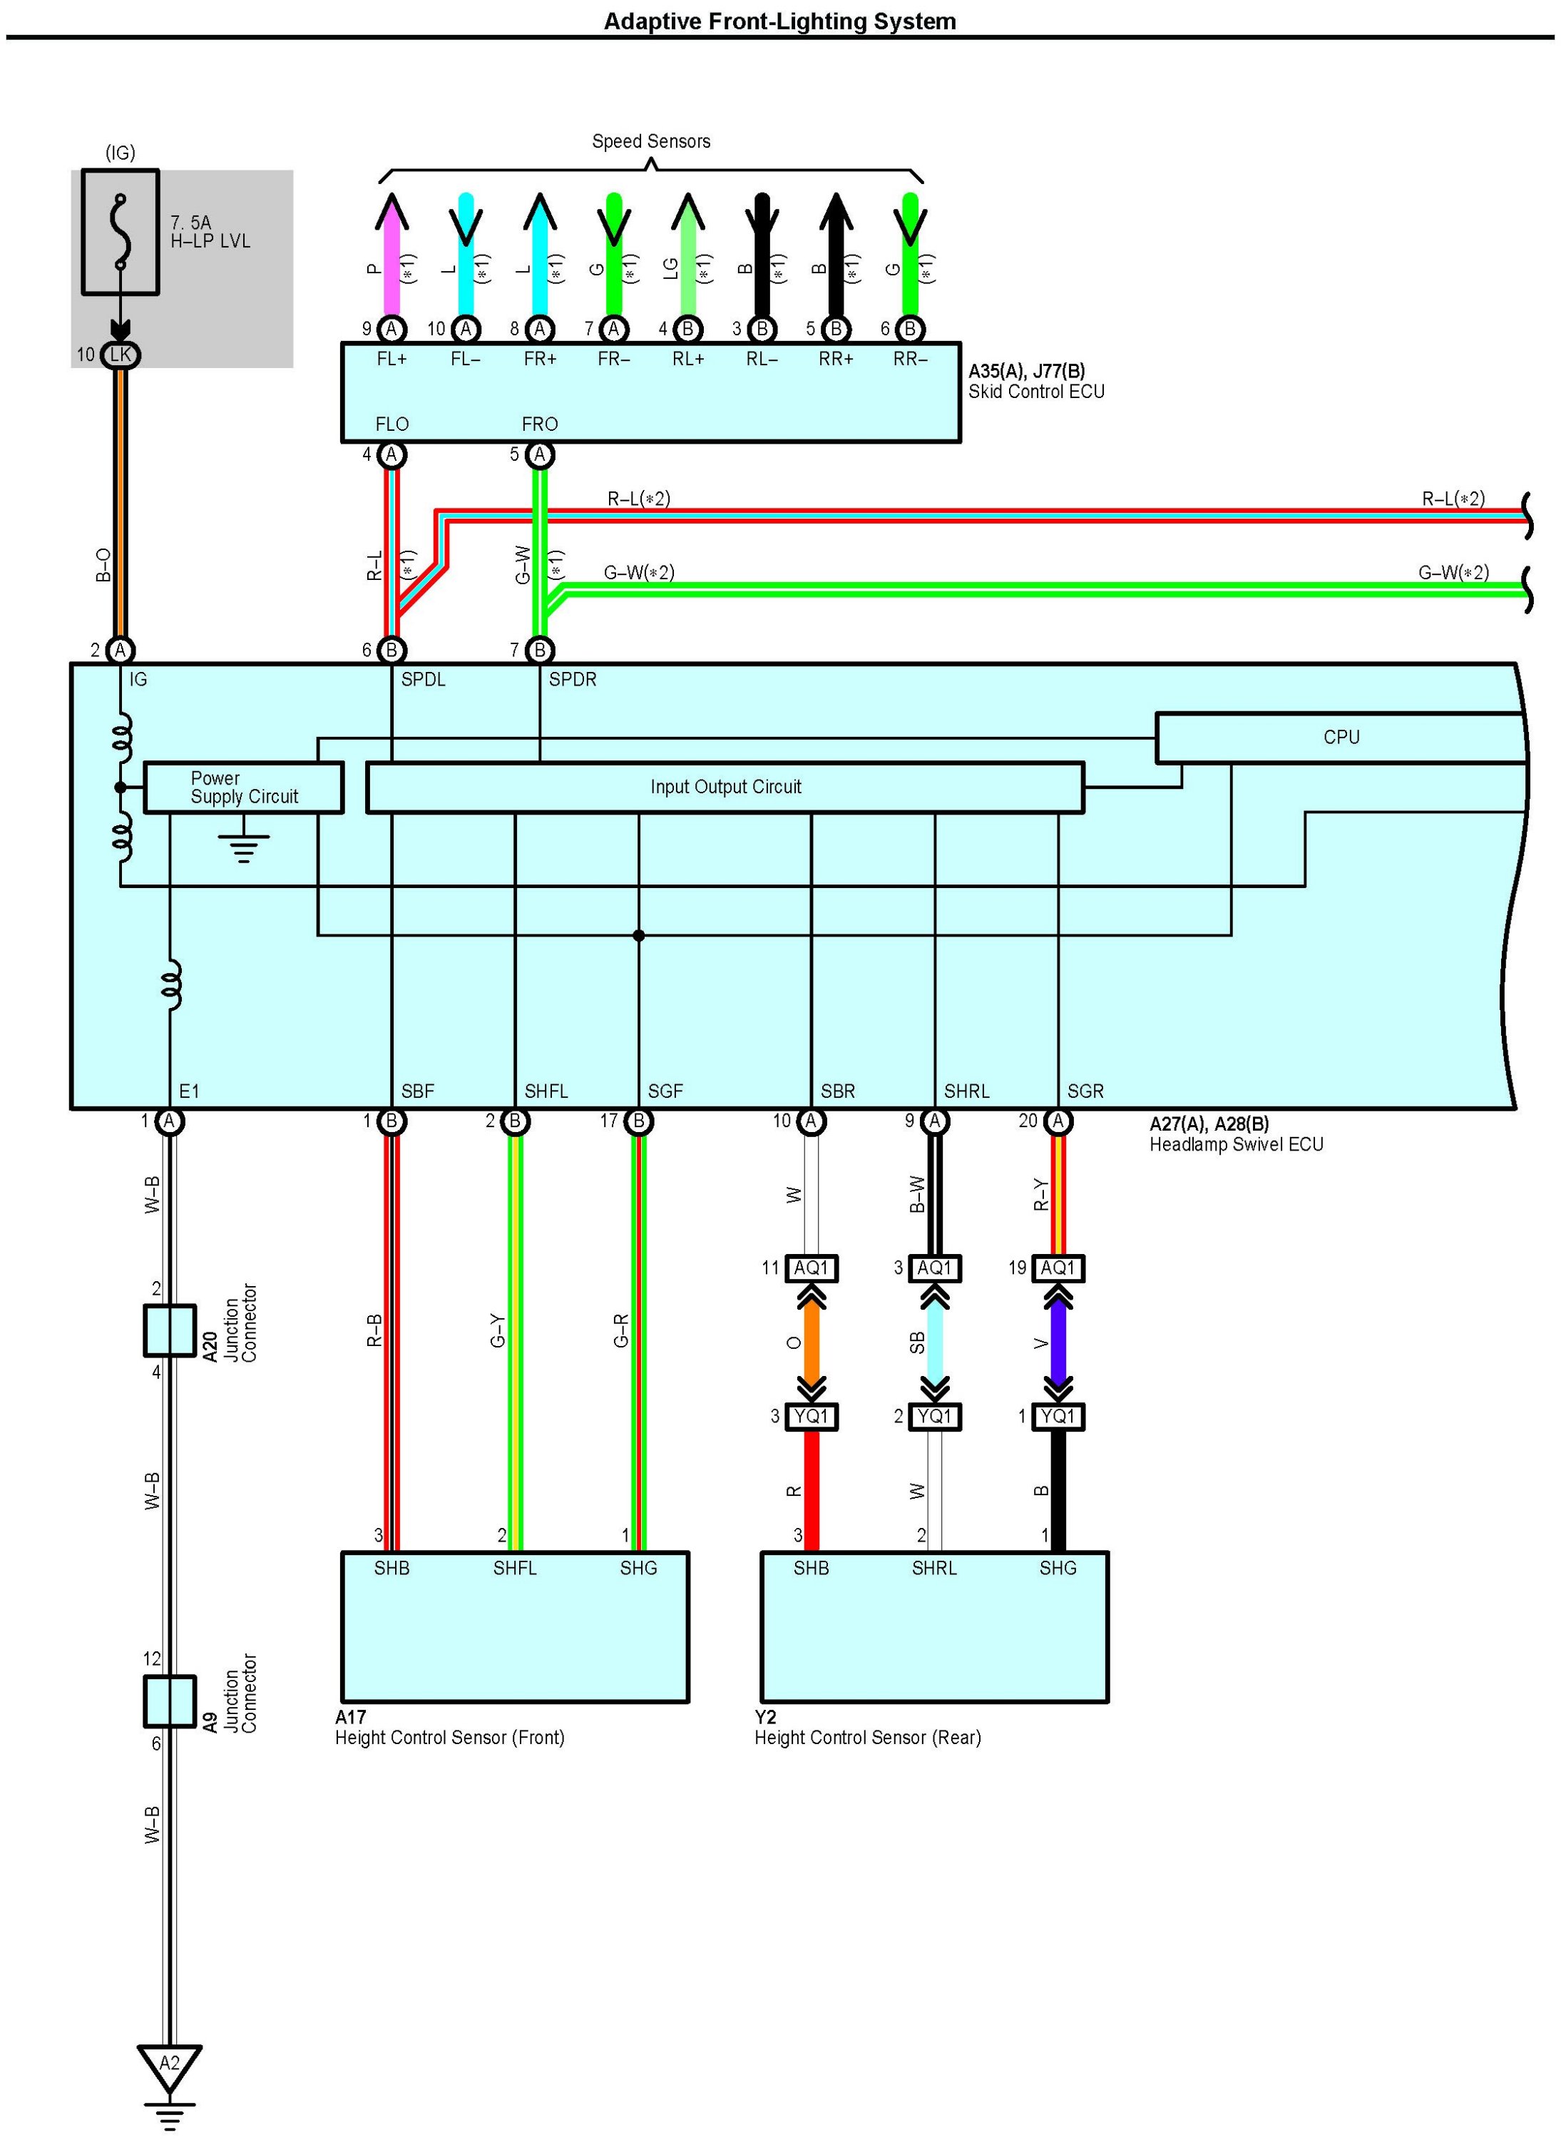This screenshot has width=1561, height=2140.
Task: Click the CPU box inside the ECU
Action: pyautogui.click(x=1340, y=738)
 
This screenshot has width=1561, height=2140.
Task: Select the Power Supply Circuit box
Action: pyautogui.click(x=243, y=788)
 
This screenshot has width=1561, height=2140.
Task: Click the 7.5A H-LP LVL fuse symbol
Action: pyautogui.click(x=120, y=233)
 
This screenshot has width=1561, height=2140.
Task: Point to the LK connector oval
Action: pyautogui.click(x=120, y=355)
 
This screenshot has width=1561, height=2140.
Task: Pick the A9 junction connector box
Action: pyautogui.click(x=169, y=1701)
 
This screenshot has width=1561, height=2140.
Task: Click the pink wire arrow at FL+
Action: pyautogui.click(x=391, y=255)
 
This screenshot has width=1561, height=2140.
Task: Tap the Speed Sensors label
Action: pyautogui.click(x=651, y=142)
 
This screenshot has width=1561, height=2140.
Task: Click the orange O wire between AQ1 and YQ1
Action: pyautogui.click(x=812, y=1342)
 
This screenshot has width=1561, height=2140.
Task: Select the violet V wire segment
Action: pyautogui.click(x=1058, y=1342)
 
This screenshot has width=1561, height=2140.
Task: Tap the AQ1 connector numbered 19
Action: pyautogui.click(x=1058, y=1268)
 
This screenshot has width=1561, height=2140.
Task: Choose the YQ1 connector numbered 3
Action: pyautogui.click(x=812, y=1416)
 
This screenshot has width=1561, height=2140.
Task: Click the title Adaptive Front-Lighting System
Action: pyautogui.click(x=779, y=21)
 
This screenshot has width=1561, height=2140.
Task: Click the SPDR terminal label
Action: pyautogui.click(x=573, y=680)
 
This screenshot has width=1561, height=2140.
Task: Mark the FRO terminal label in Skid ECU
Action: pyautogui.click(x=540, y=424)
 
